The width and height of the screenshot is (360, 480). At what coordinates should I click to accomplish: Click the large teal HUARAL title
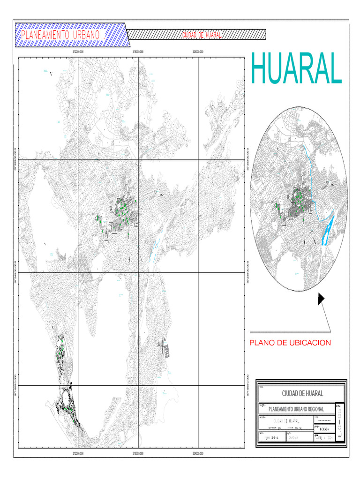(296, 69)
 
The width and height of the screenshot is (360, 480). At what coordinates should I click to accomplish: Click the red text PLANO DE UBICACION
(290, 343)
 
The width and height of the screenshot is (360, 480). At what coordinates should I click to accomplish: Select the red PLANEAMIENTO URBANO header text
(61, 35)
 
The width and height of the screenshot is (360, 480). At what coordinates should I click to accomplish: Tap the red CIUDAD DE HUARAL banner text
(202, 35)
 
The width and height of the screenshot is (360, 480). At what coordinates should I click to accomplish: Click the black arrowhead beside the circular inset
(321, 299)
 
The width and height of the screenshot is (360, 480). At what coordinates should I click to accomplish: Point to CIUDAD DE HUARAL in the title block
(302, 393)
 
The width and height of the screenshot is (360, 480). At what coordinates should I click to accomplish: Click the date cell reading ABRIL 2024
(323, 438)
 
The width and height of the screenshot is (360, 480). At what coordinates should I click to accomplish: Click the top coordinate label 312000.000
(78, 52)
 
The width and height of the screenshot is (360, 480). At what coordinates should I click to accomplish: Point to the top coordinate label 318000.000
(138, 52)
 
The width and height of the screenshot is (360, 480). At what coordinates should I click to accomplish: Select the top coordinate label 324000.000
(198, 52)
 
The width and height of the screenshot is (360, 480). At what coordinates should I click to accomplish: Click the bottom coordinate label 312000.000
(78, 454)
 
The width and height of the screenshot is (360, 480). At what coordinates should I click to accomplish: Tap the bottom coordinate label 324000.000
(198, 454)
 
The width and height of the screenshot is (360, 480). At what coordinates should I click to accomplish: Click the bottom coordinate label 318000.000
(138, 454)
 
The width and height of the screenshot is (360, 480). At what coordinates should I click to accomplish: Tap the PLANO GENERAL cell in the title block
(272, 438)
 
